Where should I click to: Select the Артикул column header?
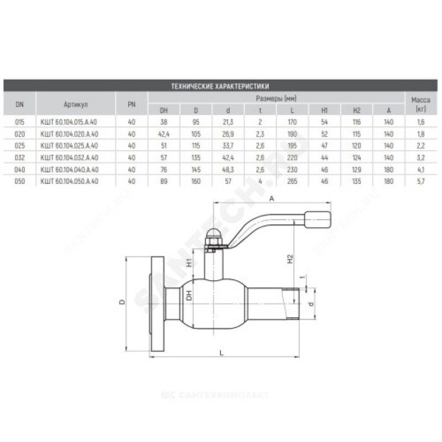[76, 103]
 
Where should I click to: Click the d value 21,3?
[227, 122]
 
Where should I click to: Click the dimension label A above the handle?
[272, 198]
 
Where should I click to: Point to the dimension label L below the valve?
[221, 352]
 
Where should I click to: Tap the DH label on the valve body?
[188, 296]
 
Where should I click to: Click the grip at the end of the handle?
[319, 219]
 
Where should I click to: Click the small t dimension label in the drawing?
[302, 278]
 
